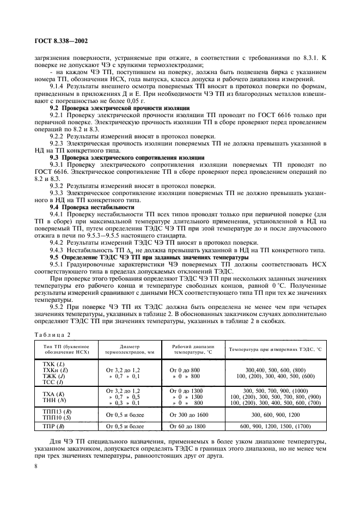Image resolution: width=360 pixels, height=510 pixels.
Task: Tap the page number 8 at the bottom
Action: [x=35, y=466]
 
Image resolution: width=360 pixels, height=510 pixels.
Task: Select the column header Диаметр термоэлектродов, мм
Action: [x=129, y=349]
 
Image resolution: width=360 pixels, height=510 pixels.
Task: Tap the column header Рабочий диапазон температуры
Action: [x=193, y=349]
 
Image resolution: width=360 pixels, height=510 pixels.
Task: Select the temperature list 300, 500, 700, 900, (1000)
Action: [x=276, y=391]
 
